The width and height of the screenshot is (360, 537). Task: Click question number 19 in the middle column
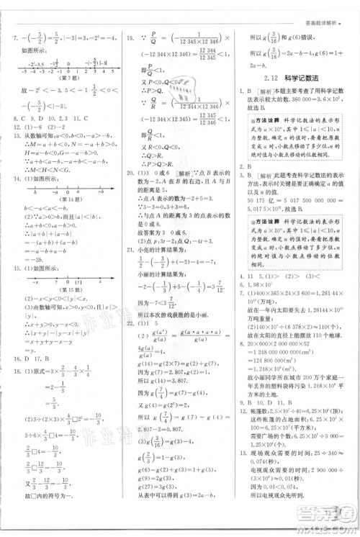pyautogui.click(x=131, y=37)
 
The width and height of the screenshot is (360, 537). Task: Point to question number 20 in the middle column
pyautogui.click(x=131, y=173)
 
